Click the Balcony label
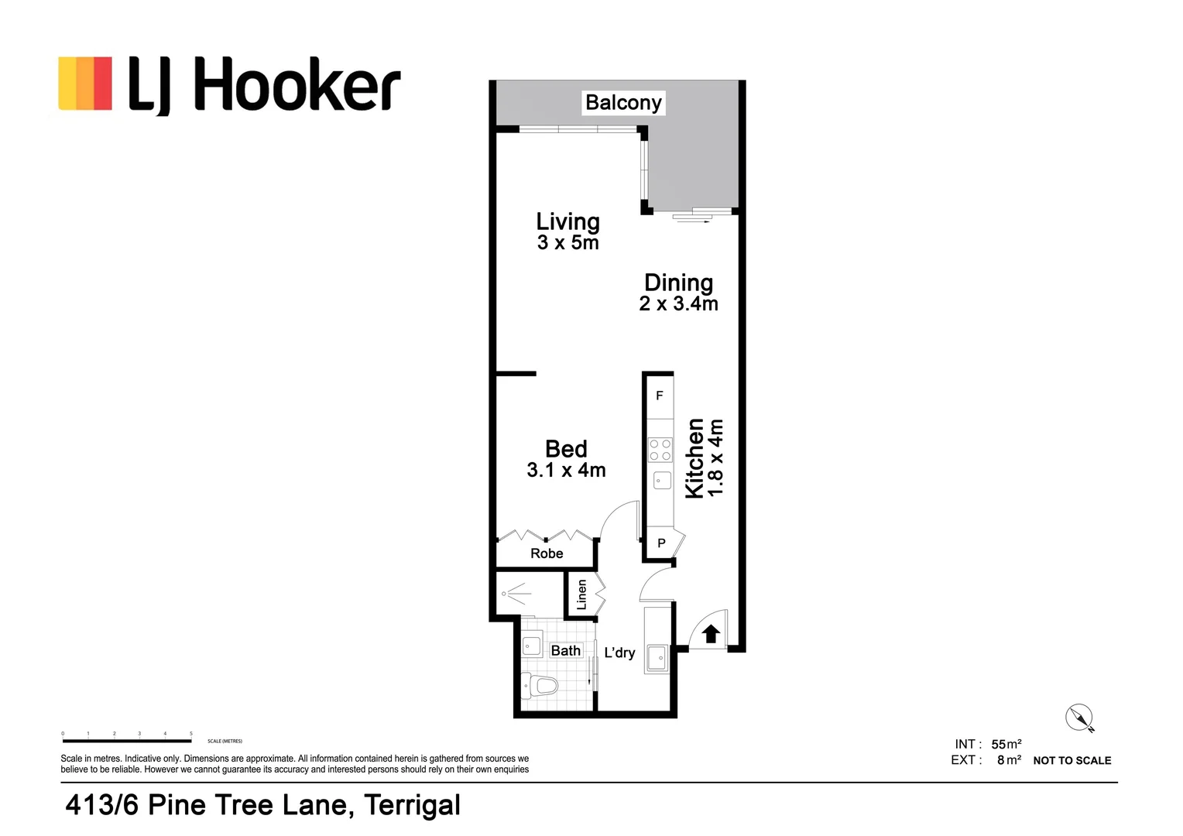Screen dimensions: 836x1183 coord(623,102)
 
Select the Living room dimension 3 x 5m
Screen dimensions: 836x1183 coord(567,243)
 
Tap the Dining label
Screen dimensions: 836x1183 coord(678,283)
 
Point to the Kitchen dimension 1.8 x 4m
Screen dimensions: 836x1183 coord(715,457)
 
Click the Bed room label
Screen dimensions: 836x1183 coord(566,449)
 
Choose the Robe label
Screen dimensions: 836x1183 coord(547,553)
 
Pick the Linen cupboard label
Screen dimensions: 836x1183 coord(582,594)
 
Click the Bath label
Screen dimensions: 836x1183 coord(565,650)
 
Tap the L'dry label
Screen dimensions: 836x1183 coord(619,653)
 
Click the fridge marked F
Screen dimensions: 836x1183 coord(660,396)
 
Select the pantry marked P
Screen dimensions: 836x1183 coord(661,543)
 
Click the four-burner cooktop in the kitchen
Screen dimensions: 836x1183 coord(660,450)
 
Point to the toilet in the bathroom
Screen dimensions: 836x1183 coord(540,685)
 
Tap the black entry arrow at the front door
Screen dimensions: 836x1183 coord(711,634)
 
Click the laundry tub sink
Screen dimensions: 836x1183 coord(657,658)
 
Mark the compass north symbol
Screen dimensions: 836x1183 coord(1078,718)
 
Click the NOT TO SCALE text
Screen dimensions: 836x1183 coord(1072,761)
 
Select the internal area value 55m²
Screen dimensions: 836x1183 coord(1006,745)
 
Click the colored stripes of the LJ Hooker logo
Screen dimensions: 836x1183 coord(85,83)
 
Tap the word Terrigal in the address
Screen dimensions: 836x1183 coord(412,805)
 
